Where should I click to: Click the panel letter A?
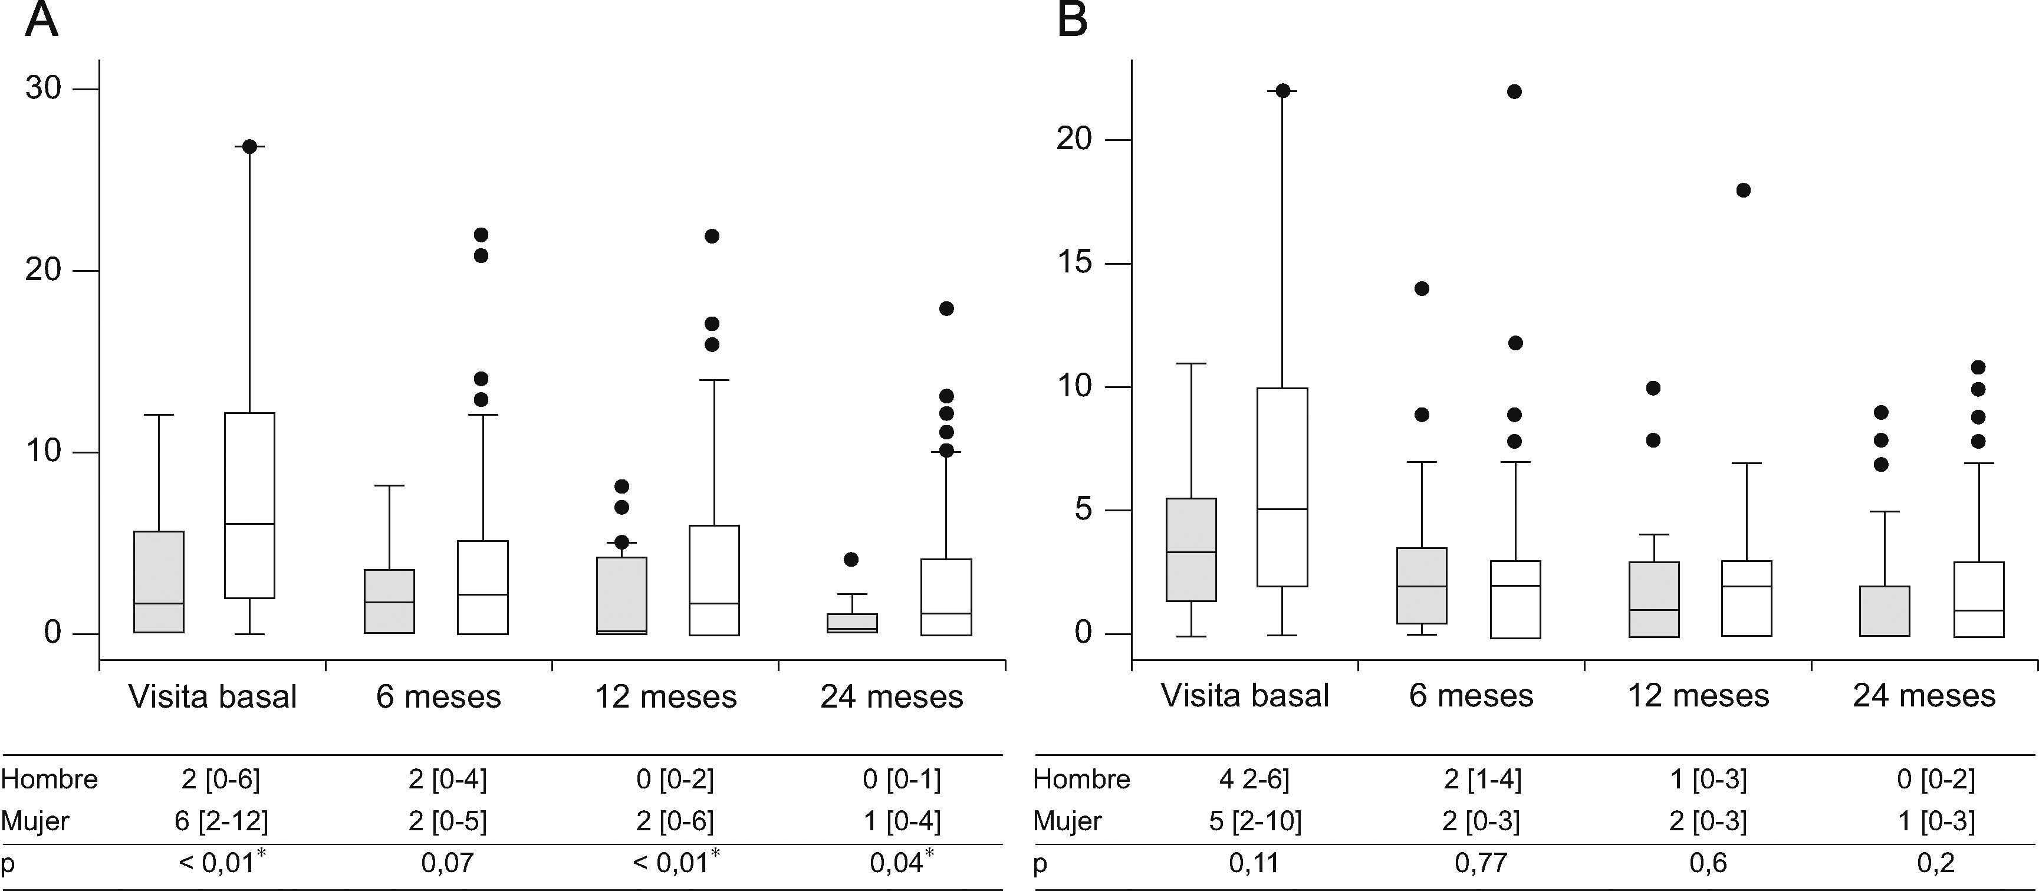coord(41,21)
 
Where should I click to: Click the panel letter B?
coord(1073,21)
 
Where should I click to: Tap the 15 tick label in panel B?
coord(1074,264)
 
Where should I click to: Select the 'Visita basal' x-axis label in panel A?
coord(212,697)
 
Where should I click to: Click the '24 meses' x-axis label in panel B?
coord(1923,696)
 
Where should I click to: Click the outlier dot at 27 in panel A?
coord(249,146)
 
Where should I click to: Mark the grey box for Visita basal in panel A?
coord(159,581)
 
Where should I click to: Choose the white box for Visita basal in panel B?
coord(1282,486)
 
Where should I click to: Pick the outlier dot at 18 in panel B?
coord(1743,190)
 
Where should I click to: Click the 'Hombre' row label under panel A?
coord(49,780)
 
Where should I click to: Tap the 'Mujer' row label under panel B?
coord(1067,821)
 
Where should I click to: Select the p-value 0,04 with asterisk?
coord(901,862)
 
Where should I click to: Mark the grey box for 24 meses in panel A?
coord(851,623)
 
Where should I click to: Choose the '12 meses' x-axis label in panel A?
coord(666,697)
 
